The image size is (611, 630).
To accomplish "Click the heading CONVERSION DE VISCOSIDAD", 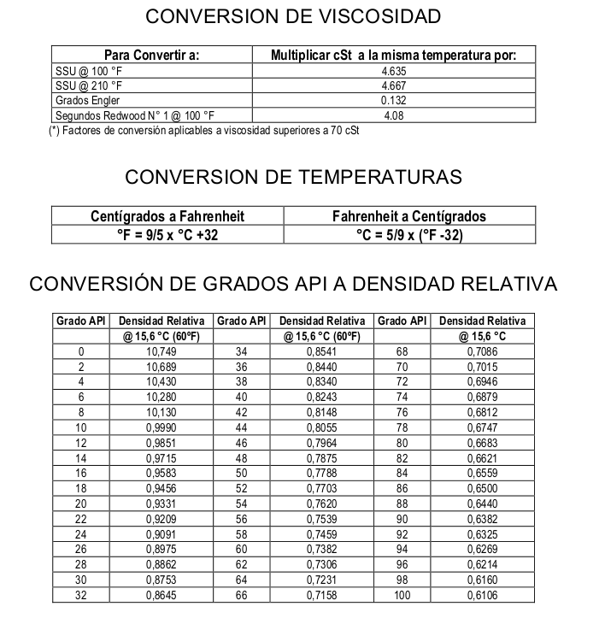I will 294,16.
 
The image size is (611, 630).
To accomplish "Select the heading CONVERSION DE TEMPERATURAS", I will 293,177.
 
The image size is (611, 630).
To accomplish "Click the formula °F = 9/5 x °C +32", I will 167,234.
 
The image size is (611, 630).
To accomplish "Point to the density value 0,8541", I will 320,351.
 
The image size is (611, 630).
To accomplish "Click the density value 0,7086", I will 482,351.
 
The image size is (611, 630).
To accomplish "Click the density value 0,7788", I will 320,472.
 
